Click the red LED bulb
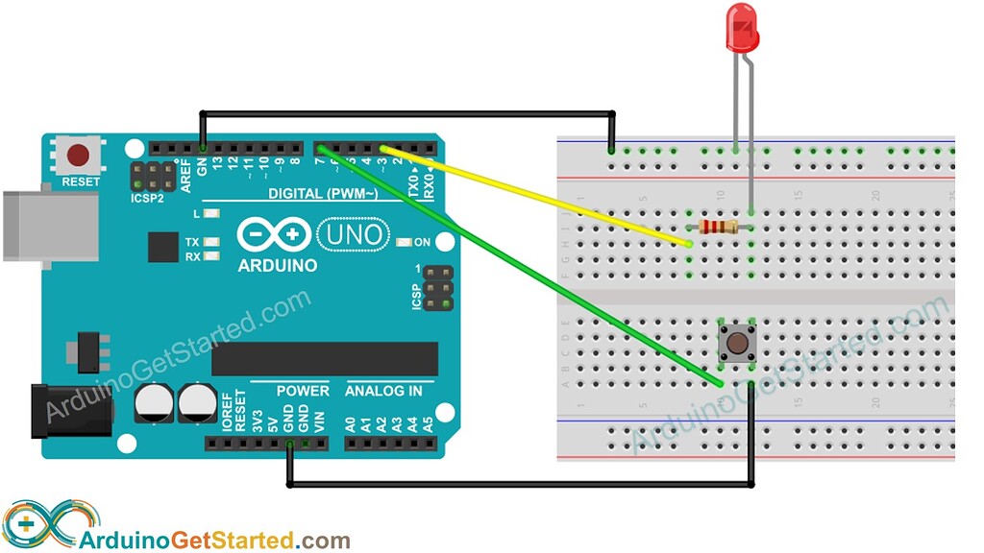click(742, 28)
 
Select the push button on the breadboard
click(737, 342)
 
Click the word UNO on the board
click(352, 234)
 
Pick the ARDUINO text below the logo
click(278, 264)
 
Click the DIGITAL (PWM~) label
click(322, 195)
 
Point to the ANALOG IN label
click(383, 391)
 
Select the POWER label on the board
click(303, 391)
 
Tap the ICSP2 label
click(147, 200)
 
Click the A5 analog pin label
click(428, 422)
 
